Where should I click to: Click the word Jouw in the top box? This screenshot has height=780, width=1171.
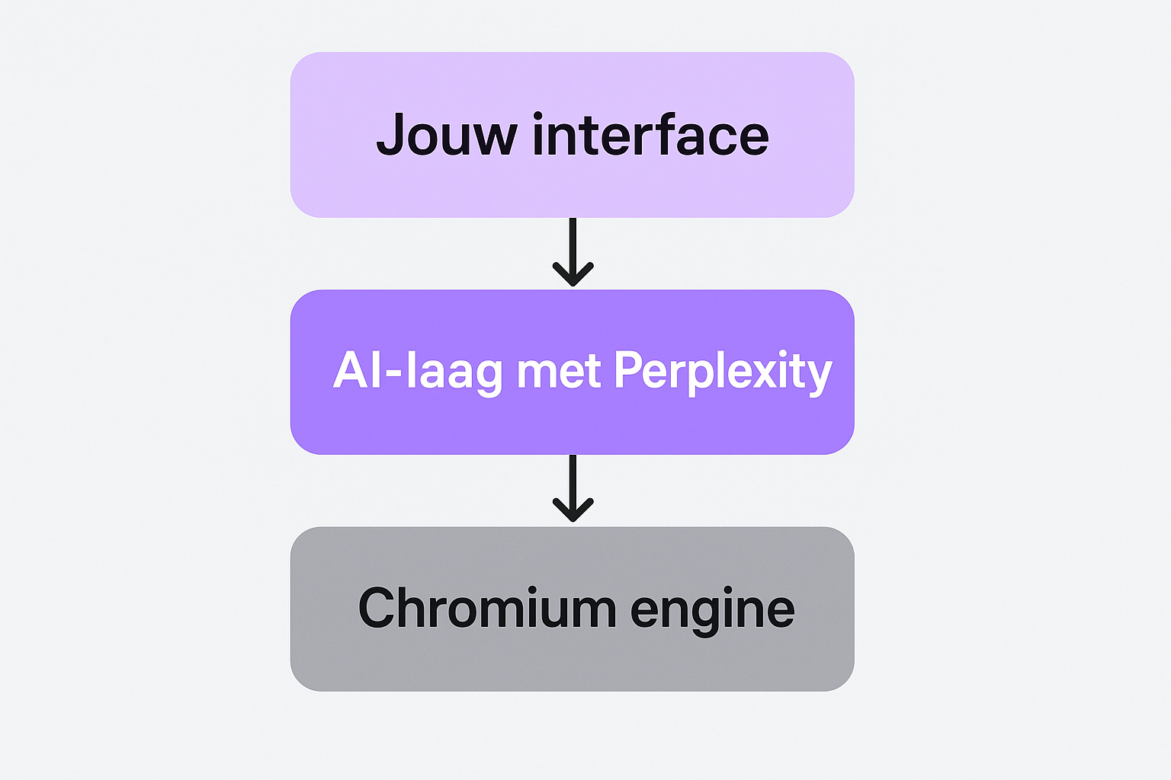pos(446,136)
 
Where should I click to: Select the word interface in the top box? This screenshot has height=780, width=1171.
pos(650,136)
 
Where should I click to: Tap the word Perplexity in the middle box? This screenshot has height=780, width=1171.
pos(722,372)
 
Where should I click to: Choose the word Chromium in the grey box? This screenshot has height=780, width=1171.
pos(487,608)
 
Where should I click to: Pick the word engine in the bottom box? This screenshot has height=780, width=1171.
pos(713,609)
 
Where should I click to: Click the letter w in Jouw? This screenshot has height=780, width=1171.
pos(493,138)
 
